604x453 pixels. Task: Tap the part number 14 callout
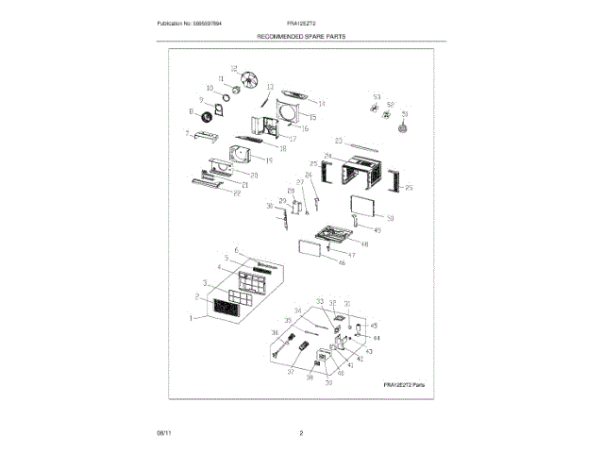click(x=322, y=104)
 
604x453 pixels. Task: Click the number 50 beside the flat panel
click(x=390, y=218)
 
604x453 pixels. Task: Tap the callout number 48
click(x=364, y=244)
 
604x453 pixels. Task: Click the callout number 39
click(x=328, y=384)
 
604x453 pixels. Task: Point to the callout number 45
click(x=374, y=326)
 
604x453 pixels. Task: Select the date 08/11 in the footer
click(x=163, y=432)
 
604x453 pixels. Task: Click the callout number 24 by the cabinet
click(x=327, y=156)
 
